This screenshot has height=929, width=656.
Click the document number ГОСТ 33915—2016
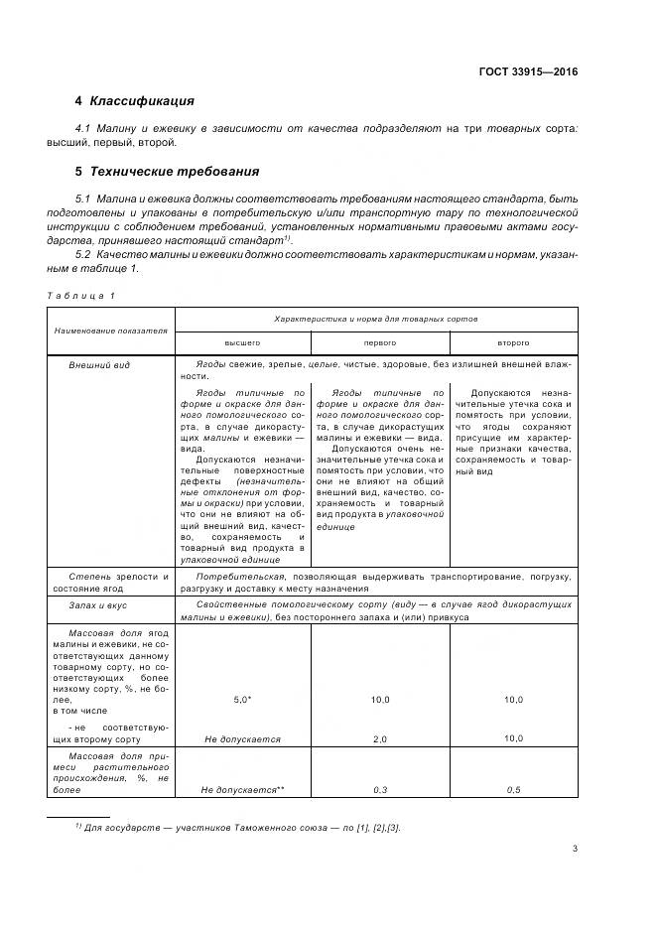(x=528, y=71)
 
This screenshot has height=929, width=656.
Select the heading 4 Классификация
(x=134, y=101)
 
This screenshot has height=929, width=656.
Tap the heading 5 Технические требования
(x=167, y=171)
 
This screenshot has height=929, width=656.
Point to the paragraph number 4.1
(x=84, y=129)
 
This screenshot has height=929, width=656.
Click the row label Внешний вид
(x=98, y=365)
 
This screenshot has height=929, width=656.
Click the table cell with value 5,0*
(x=242, y=700)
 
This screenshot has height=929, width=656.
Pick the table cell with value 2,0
(x=380, y=739)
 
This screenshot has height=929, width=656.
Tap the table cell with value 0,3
(x=380, y=789)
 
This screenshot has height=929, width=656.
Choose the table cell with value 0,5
(x=512, y=789)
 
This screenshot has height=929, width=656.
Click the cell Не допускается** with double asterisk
(x=242, y=789)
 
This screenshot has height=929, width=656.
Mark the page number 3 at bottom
(x=575, y=848)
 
